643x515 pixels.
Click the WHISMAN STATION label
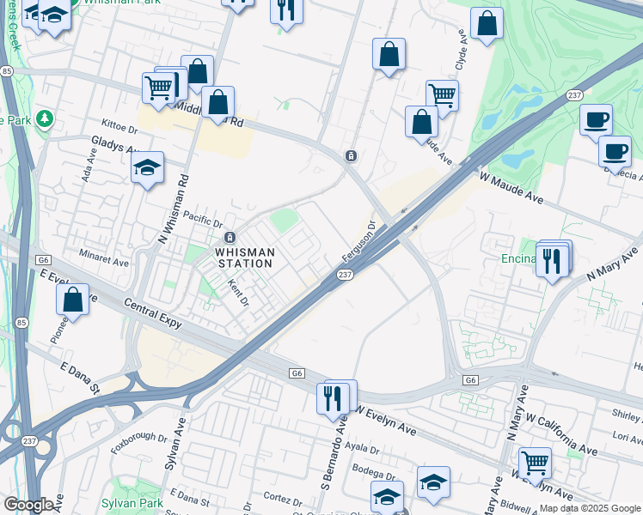pos(244,257)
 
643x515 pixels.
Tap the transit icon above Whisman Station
pos(230,238)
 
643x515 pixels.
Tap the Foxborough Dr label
pos(138,441)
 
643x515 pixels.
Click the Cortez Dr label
pos(279,497)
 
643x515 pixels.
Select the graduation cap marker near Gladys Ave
pos(148,167)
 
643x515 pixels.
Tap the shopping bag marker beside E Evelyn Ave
pos(73,300)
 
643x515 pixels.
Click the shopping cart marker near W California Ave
pos(535,463)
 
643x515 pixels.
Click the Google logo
pos(28,505)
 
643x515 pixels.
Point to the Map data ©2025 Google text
pos(590,508)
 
